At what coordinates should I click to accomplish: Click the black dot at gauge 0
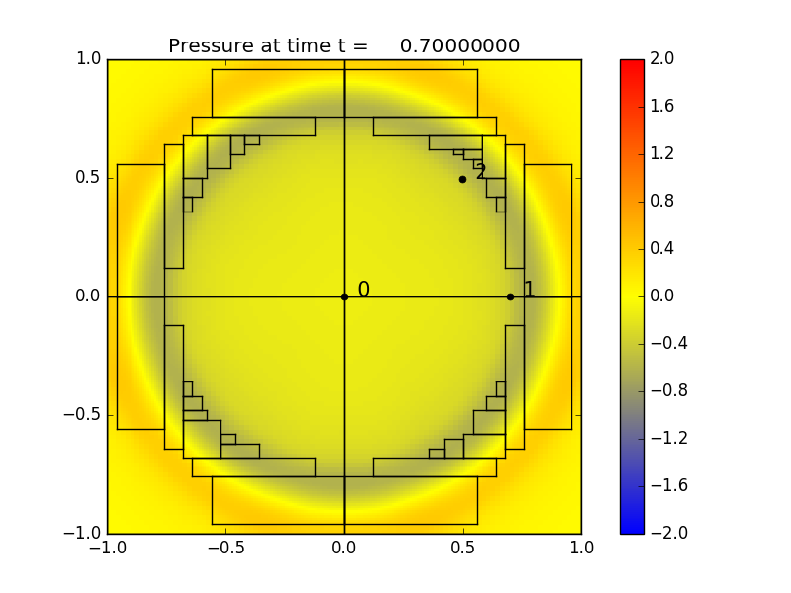[344, 296]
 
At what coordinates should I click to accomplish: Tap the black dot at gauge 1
[510, 296]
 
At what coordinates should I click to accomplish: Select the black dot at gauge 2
[462, 179]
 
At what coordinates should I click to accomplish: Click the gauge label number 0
[363, 290]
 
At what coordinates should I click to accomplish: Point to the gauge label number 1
[529, 290]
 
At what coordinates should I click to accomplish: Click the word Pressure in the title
[209, 46]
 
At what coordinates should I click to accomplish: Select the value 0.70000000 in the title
[460, 46]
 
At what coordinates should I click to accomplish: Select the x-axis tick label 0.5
[463, 548]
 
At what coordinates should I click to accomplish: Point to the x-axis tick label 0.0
[344, 548]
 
